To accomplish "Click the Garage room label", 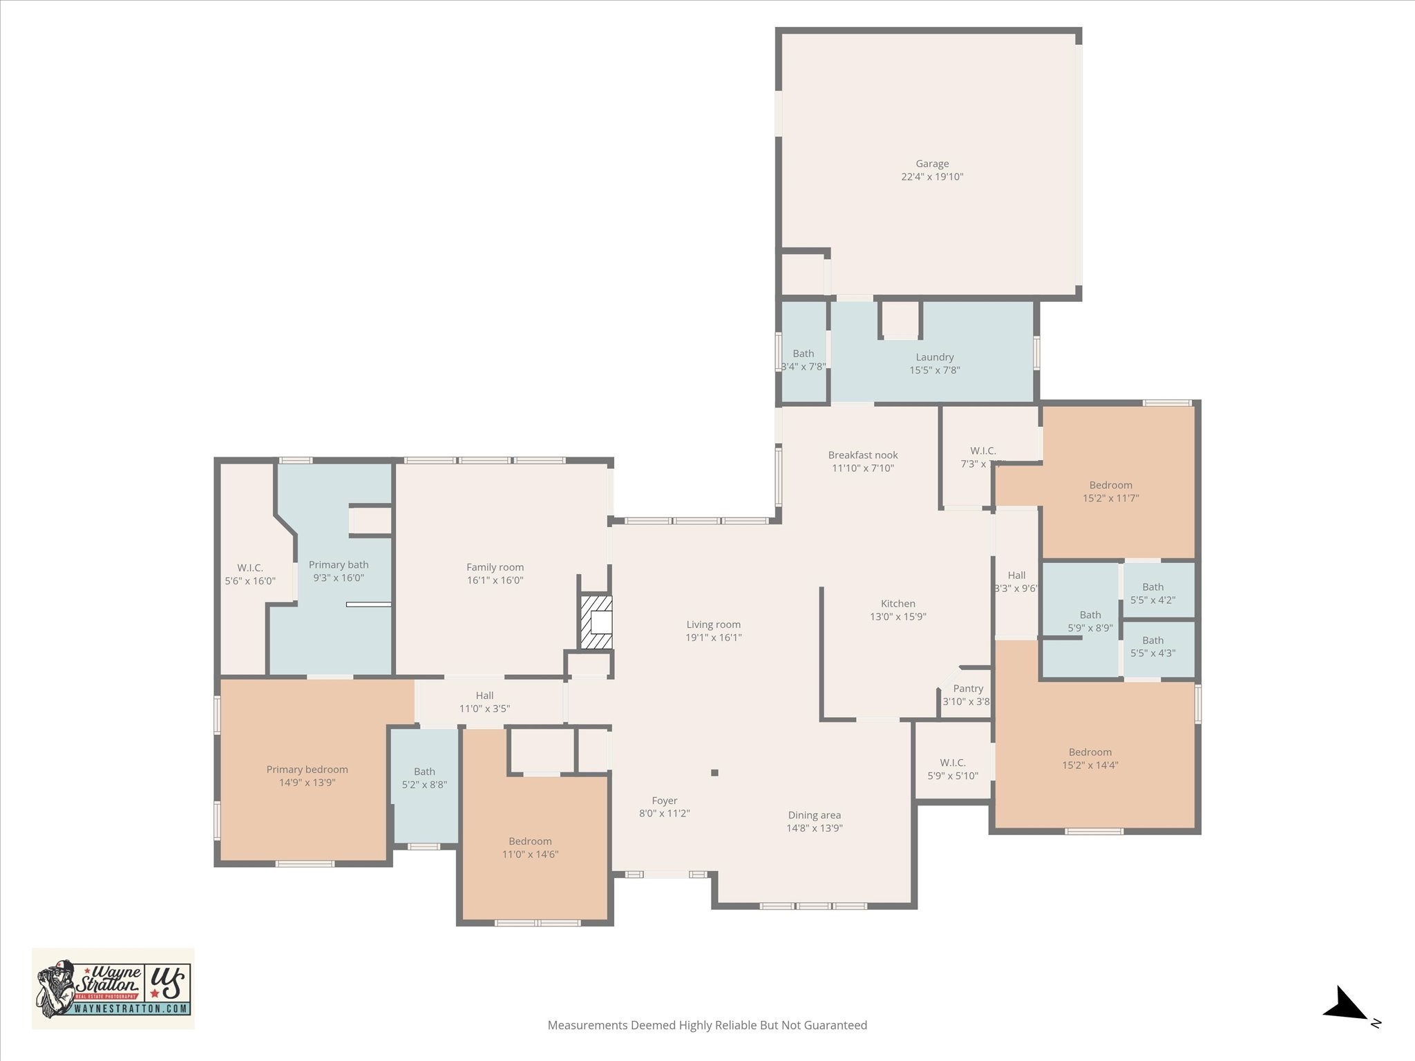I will [x=932, y=164].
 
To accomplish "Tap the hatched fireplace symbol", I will [x=596, y=622].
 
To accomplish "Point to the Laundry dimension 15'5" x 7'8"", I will [x=934, y=370].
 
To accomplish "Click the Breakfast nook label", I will [x=863, y=455].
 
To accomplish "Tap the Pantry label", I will [x=967, y=689].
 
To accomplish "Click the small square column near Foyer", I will [x=714, y=772].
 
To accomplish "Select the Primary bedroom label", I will [x=307, y=770].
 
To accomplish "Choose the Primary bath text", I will [x=339, y=564].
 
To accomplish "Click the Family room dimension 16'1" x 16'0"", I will [x=495, y=580].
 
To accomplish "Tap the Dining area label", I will [x=814, y=815].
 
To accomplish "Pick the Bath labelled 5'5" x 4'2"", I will [x=1152, y=593].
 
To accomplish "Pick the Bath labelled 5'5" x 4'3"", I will [x=1152, y=647].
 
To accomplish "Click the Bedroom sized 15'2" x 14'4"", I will [x=1090, y=758].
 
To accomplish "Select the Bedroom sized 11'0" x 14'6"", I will [x=530, y=848].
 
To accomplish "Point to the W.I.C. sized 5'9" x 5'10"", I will [x=952, y=769].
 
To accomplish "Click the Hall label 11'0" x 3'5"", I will [x=484, y=702].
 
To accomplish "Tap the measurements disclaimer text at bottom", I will [x=707, y=1025].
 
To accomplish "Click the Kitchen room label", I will [x=898, y=604].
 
